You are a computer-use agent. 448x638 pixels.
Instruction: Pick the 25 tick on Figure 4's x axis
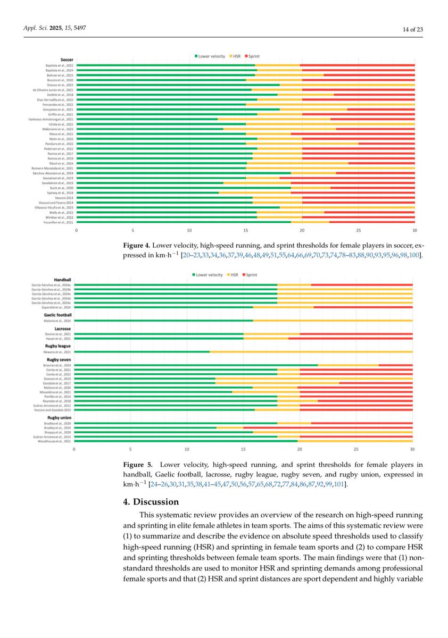[x=359, y=230]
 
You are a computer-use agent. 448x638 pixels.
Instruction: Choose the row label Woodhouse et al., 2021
[x=57, y=440]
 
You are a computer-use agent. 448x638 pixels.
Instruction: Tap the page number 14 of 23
[x=412, y=29]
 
